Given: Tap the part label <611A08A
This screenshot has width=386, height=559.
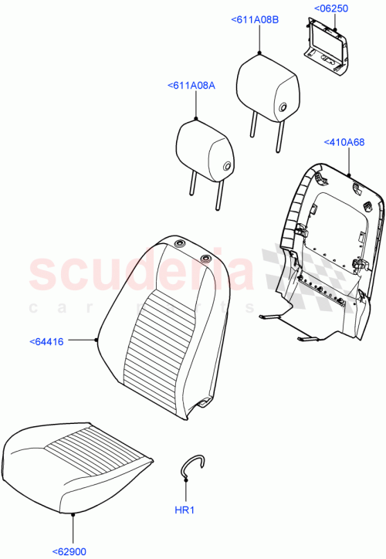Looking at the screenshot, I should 191,86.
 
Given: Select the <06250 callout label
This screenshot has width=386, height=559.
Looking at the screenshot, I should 331,8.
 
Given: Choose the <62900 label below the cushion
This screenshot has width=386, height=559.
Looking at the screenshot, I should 71,551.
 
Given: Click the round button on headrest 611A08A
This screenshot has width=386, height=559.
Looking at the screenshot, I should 227,166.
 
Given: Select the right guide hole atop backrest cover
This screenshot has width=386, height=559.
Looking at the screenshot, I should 185,258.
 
